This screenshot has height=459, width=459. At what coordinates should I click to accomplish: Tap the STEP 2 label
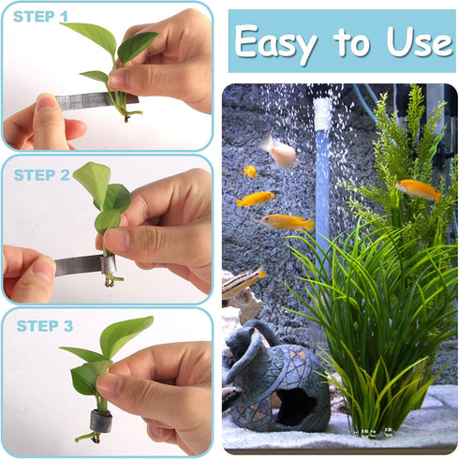coord(41,174)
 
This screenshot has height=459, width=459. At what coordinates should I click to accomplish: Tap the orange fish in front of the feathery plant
coord(417,189)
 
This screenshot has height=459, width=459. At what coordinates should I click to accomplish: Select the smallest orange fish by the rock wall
coord(250,171)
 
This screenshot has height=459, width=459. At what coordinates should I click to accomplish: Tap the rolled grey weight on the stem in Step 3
coord(100,422)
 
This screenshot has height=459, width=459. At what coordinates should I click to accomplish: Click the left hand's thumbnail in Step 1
coord(46,102)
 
